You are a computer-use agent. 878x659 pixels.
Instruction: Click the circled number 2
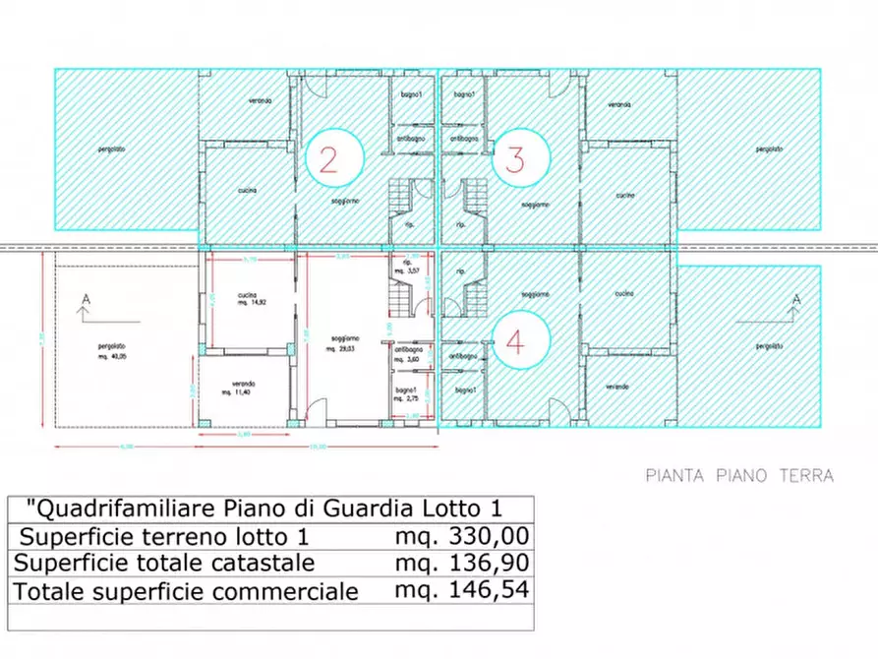tap(329, 159)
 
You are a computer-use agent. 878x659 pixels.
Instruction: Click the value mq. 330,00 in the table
tap(462, 536)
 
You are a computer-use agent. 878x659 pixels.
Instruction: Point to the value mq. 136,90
tap(462, 563)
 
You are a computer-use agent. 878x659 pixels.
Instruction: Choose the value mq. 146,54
tap(462, 590)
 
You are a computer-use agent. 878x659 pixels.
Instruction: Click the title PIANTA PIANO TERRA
tap(739, 476)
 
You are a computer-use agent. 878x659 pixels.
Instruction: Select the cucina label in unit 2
tap(247, 190)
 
